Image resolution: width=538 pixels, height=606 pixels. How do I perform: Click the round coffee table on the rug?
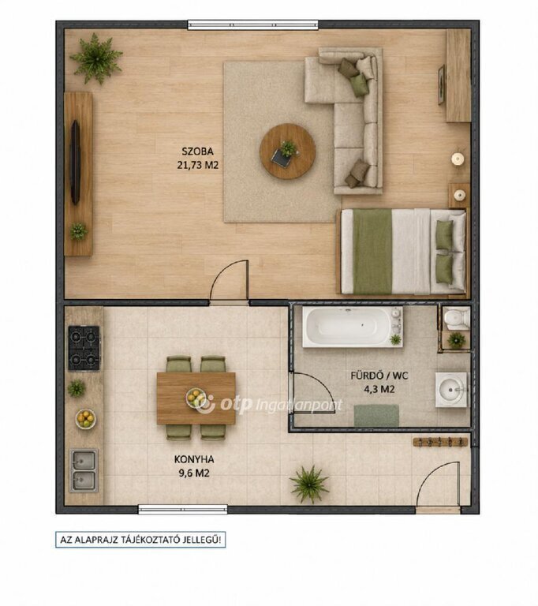click(288, 151)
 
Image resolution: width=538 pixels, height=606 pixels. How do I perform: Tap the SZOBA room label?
click(197, 151)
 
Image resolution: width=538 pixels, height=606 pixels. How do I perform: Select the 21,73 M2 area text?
click(197, 165)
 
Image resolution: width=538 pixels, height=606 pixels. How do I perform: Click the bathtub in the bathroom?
click(352, 327)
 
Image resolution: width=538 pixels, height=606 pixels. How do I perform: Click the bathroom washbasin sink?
click(451, 390)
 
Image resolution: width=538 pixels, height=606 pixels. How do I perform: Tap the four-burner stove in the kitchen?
click(84, 348)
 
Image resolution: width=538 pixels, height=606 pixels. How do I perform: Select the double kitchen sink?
click(84, 470)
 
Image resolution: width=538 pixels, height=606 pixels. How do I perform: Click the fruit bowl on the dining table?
click(195, 398)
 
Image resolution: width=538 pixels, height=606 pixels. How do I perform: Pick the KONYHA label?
click(194, 459)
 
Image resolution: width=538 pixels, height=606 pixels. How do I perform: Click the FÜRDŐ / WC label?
click(379, 376)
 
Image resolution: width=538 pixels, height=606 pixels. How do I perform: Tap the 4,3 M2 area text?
click(379, 389)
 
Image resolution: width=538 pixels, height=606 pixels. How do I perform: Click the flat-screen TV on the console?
click(76, 162)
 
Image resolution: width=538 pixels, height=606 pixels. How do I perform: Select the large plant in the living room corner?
click(96, 58)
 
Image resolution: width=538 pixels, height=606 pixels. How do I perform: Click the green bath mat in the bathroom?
click(376, 416)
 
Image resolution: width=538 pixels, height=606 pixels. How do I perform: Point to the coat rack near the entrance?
click(440, 442)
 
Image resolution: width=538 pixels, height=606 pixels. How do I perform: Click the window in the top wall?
click(252, 25)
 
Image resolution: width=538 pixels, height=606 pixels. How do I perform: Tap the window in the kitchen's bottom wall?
click(183, 510)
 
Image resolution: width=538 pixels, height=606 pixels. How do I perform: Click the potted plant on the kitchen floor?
click(309, 484)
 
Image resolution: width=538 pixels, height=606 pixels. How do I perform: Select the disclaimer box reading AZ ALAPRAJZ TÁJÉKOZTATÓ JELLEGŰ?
click(140, 540)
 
